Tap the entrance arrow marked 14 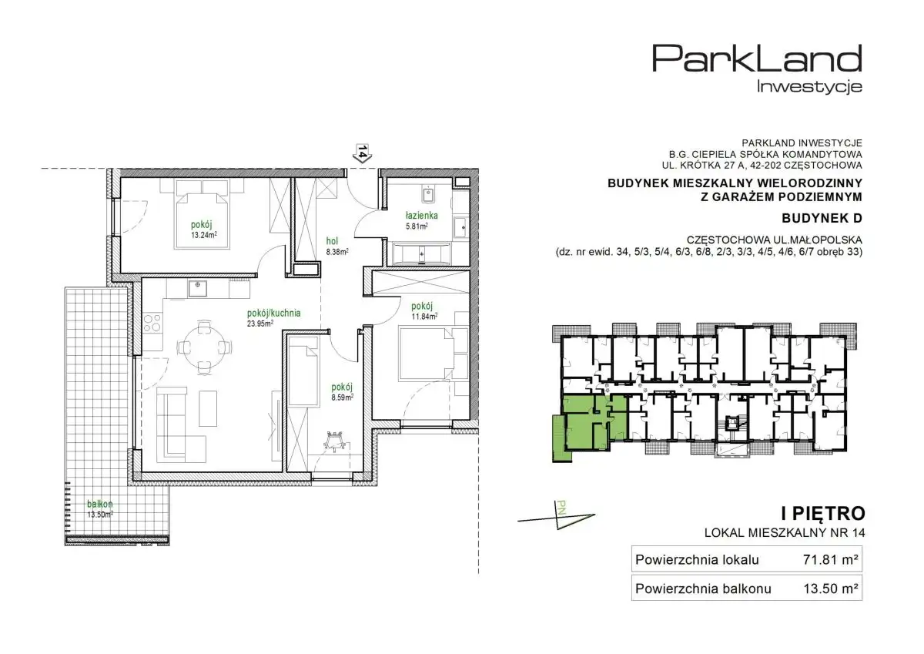[363, 153]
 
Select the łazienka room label [422, 216]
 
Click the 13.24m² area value [204, 235]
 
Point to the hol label [332, 241]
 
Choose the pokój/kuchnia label [274, 314]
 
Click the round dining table [203, 347]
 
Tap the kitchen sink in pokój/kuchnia [198, 288]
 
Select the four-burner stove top [152, 323]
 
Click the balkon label [100, 504]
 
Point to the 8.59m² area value [343, 397]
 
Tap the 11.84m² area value [424, 317]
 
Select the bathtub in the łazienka [421, 253]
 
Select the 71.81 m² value [831, 560]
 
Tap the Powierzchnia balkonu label [703, 589]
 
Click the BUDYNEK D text [822, 218]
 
